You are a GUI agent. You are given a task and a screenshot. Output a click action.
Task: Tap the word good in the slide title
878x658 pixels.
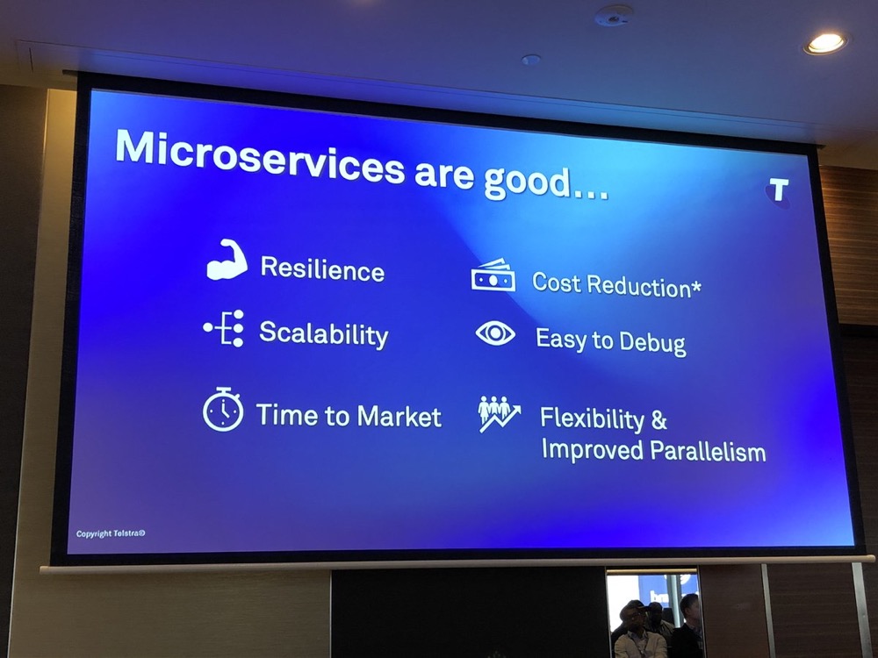pyautogui.click(x=527, y=183)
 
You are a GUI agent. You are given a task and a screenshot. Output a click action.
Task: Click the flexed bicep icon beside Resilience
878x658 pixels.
pyautogui.click(x=227, y=260)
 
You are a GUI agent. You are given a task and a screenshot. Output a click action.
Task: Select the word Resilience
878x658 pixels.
pyautogui.click(x=322, y=269)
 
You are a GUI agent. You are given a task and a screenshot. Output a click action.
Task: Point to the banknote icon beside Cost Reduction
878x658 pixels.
pyautogui.click(x=493, y=275)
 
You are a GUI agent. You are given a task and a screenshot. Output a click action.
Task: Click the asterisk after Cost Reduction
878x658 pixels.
pyautogui.click(x=696, y=287)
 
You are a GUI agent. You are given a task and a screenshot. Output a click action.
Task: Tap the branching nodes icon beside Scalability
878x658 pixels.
pyautogui.click(x=223, y=328)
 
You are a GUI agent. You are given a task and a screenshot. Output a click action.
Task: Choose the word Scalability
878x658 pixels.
pyautogui.click(x=324, y=334)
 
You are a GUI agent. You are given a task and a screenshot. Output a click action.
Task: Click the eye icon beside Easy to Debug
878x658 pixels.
pyautogui.click(x=495, y=333)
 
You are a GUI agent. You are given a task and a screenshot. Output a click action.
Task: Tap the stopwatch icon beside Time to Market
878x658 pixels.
pyautogui.click(x=223, y=409)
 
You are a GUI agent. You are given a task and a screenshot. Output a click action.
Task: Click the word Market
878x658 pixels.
pyautogui.click(x=399, y=417)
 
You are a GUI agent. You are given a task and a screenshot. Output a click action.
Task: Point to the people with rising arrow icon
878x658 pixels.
pyautogui.click(x=499, y=414)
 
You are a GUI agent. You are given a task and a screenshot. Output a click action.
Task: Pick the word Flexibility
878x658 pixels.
pyautogui.click(x=593, y=419)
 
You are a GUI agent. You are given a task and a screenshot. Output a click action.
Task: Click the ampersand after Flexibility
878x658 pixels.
pyautogui.click(x=659, y=420)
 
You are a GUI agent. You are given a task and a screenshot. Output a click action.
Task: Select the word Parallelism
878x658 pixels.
pyautogui.click(x=709, y=452)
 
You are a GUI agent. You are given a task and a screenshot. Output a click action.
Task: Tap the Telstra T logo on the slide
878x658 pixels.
pyautogui.click(x=778, y=190)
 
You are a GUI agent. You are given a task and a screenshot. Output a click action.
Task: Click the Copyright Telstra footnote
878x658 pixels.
pyautogui.click(x=111, y=533)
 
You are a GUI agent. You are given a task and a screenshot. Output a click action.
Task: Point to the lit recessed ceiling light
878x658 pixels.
pyautogui.click(x=825, y=43)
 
